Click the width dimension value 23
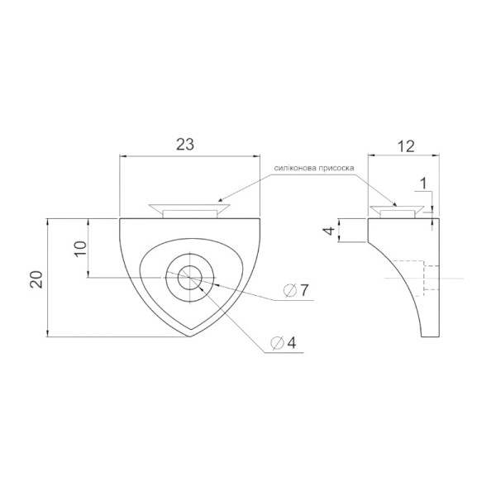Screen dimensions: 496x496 coord(185,145)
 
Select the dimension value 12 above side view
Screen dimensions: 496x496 coord(406,146)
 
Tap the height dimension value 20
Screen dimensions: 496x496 coord(36,279)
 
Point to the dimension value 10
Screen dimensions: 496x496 coord(80,249)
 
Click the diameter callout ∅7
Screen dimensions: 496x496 coord(295,290)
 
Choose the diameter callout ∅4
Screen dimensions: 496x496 coord(283,342)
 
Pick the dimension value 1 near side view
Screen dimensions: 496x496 coord(423,184)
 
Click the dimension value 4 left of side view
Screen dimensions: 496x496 coord(329,231)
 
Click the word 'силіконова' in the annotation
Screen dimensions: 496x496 coord(295,169)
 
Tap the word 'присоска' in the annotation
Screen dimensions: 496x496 coord(336,169)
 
